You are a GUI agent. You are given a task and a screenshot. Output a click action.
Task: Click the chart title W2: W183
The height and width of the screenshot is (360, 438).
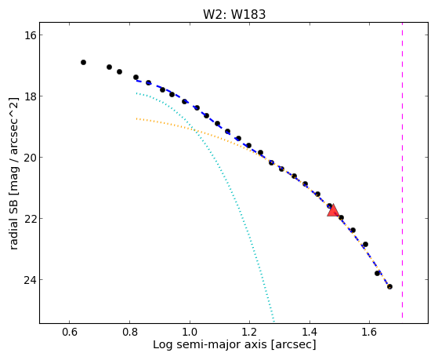pos(234,14)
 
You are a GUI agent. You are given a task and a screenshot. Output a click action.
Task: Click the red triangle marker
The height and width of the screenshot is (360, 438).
pos(333,210)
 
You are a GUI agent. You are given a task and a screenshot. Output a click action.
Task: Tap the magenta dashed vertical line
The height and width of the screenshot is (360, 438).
pos(402,169)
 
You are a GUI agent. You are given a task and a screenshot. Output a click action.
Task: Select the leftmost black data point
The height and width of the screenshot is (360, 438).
pos(83,63)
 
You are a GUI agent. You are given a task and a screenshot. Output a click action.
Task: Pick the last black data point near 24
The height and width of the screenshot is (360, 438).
pos(389,286)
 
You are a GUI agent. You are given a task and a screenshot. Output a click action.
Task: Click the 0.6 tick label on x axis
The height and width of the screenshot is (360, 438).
pos(70,333)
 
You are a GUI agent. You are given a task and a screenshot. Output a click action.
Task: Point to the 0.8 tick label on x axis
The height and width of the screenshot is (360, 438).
pos(129,333)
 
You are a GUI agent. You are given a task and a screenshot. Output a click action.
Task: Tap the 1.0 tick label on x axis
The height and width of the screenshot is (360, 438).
pos(190,333)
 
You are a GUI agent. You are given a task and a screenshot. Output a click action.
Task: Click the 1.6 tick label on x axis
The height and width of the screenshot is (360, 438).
pos(369,333)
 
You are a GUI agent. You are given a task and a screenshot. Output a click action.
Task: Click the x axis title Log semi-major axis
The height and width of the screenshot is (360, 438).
pos(210,344)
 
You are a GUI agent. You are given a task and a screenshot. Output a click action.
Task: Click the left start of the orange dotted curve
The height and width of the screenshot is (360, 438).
pos(136,119)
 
